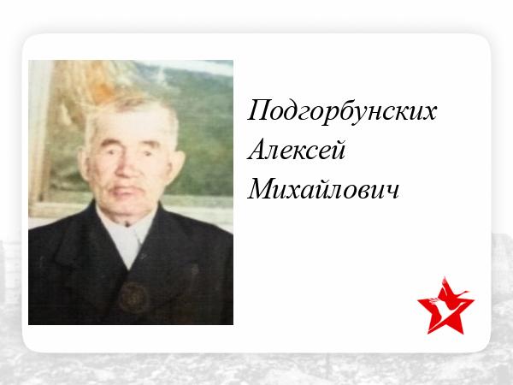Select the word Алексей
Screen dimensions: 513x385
click(297, 150)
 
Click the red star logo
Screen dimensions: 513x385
click(445, 306)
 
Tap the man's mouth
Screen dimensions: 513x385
click(125, 191)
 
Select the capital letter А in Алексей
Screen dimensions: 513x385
click(257, 149)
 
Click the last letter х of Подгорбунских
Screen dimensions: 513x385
click(430, 113)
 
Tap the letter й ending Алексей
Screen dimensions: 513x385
click(339, 150)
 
